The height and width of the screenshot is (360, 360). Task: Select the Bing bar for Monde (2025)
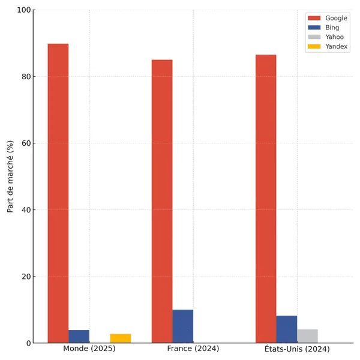pyautogui.click(x=79, y=337)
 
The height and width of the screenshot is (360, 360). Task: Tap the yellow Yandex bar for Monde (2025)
pyautogui.click(x=121, y=338)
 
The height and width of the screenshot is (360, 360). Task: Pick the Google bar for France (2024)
pyautogui.click(x=162, y=201)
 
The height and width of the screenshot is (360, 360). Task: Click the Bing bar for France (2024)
pyautogui.click(x=183, y=326)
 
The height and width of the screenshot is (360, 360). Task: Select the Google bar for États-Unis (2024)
pyautogui.click(x=266, y=199)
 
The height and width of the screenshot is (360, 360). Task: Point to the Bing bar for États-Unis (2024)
pyautogui.click(x=287, y=329)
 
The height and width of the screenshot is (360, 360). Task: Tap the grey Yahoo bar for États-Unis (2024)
pyautogui.click(x=307, y=336)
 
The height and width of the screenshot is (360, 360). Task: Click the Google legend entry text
pyautogui.click(x=336, y=18)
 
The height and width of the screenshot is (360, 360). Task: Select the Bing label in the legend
pyautogui.click(x=332, y=28)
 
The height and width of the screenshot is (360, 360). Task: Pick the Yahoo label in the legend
pyautogui.click(x=334, y=37)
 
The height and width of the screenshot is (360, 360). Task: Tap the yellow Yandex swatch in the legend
pyautogui.click(x=314, y=47)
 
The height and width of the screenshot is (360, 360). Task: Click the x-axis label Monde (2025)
pyautogui.click(x=89, y=349)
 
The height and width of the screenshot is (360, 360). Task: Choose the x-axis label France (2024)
pyautogui.click(x=193, y=349)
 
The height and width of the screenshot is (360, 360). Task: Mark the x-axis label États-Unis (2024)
pyautogui.click(x=297, y=349)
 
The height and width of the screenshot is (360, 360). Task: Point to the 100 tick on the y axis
pyautogui.click(x=23, y=10)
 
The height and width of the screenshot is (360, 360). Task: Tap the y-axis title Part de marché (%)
pyautogui.click(x=10, y=176)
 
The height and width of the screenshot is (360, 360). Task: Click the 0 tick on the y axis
pyautogui.click(x=28, y=343)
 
